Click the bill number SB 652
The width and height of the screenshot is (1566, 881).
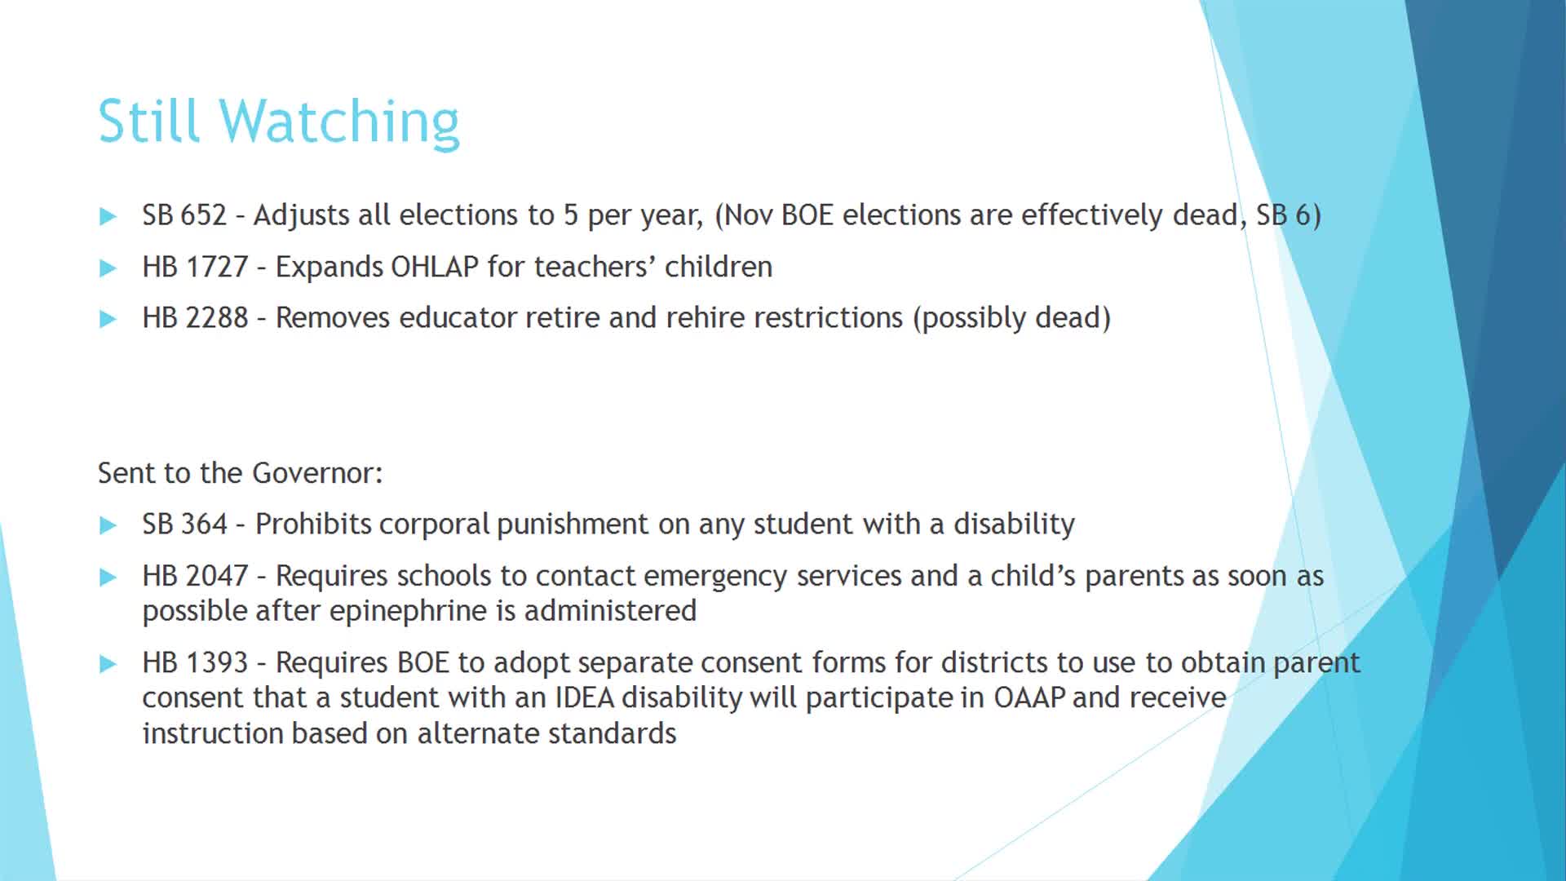coord(184,215)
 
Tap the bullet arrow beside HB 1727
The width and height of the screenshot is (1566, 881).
coord(108,268)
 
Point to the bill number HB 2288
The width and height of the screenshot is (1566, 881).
coord(195,318)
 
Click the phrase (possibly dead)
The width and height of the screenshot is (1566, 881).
coord(1011,318)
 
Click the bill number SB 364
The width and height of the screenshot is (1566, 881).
coord(184,525)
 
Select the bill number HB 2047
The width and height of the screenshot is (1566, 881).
coord(195,576)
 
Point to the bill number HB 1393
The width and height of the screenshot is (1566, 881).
coord(195,662)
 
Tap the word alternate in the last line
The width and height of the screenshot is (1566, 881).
coord(478,733)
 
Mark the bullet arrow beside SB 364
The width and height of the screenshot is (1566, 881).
coord(108,525)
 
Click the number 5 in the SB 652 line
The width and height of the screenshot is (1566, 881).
coord(570,215)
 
